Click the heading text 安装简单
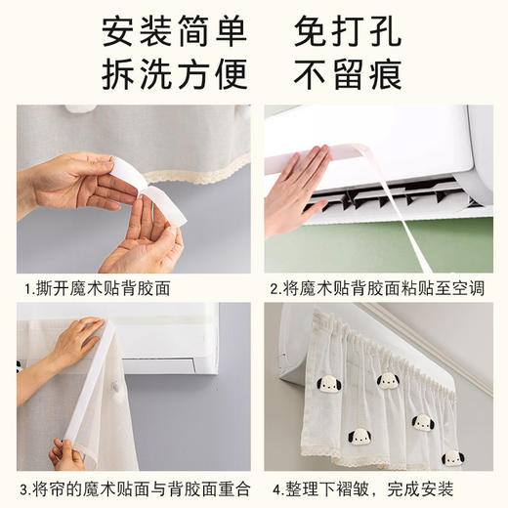pyautogui.click(x=174, y=33)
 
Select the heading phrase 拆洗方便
pyautogui.click(x=174, y=73)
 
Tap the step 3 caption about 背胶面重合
pyautogui.click(x=129, y=487)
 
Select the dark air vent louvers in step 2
pyautogui.click(x=391, y=195)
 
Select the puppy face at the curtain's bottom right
pyautogui.click(x=451, y=457)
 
